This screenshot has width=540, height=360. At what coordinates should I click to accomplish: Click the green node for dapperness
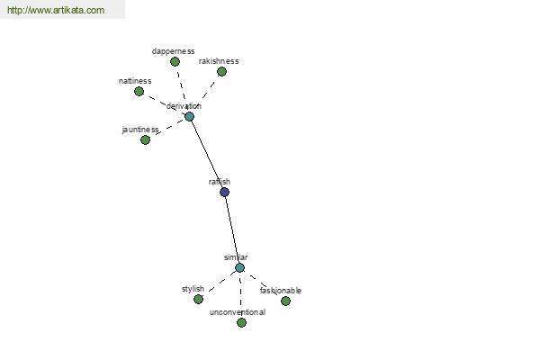pyautogui.click(x=175, y=62)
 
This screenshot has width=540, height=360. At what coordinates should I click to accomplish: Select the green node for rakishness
pyautogui.click(x=221, y=72)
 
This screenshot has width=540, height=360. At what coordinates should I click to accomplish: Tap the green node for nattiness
pyautogui.click(x=139, y=91)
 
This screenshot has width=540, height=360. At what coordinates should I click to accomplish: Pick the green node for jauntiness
pyautogui.click(x=145, y=139)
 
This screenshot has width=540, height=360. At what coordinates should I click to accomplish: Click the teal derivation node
pyautogui.click(x=189, y=116)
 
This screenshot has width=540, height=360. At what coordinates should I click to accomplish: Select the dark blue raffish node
pyautogui.click(x=224, y=193)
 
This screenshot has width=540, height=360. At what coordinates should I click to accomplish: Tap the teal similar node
pyautogui.click(x=240, y=267)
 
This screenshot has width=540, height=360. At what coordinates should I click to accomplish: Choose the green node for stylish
pyautogui.click(x=198, y=299)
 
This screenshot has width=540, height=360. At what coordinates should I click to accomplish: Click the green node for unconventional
pyautogui.click(x=242, y=323)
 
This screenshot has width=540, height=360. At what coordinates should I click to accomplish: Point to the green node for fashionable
pyautogui.click(x=285, y=301)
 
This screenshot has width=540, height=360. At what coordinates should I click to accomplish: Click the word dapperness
pyautogui.click(x=173, y=51)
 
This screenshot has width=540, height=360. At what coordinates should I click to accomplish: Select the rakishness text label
pyautogui.click(x=219, y=61)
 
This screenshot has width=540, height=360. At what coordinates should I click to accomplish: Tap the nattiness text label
pyautogui.click(x=135, y=81)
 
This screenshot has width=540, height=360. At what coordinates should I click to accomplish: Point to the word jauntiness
pyautogui.click(x=140, y=130)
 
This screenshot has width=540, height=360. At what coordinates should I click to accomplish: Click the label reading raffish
pyautogui.click(x=220, y=182)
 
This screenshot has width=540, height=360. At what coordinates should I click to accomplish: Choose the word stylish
pyautogui.click(x=193, y=289)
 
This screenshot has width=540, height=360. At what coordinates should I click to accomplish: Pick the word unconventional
pyautogui.click(x=238, y=312)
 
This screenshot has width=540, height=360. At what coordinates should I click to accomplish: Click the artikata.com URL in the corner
pyautogui.click(x=56, y=10)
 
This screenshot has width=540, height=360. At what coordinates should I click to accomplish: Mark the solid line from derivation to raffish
pyautogui.click(x=207, y=154)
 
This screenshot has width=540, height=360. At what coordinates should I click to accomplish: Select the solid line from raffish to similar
pyautogui.click(x=232, y=230)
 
